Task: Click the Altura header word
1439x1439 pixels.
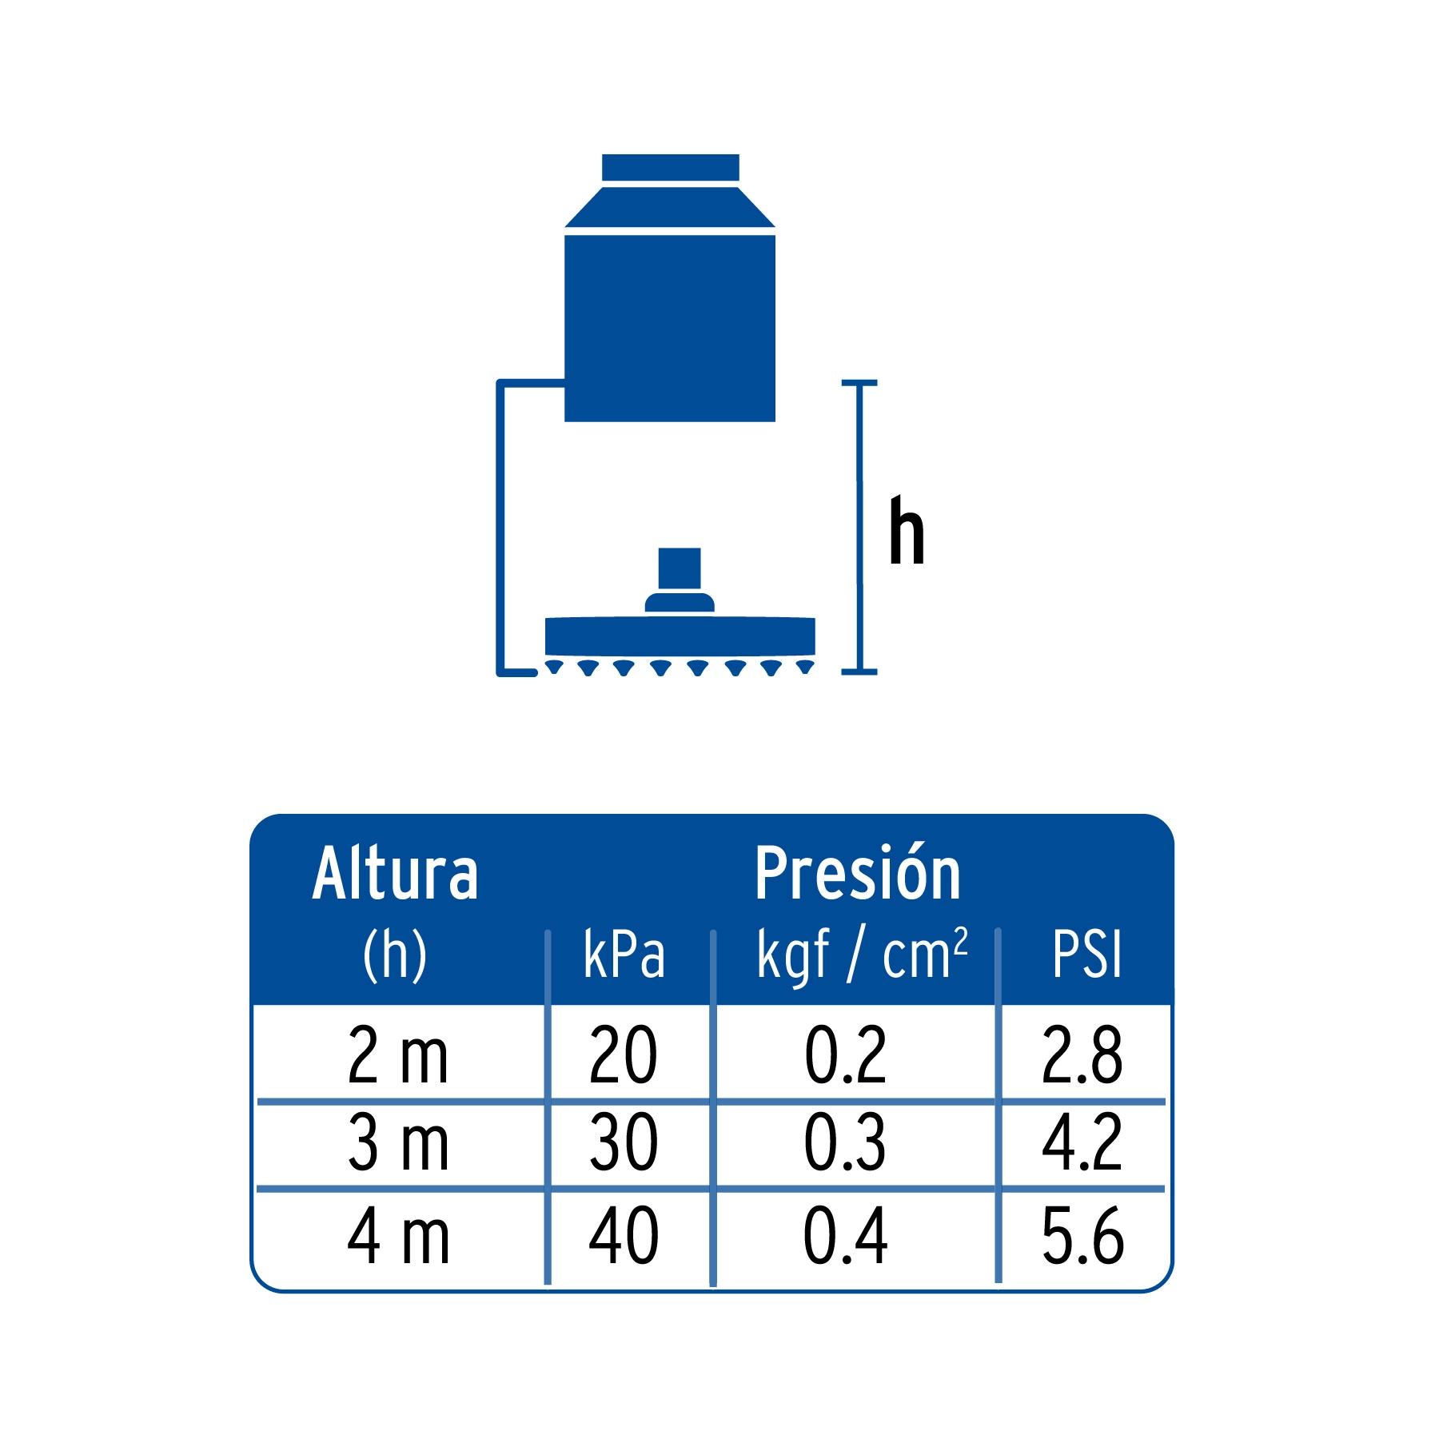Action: tap(396, 873)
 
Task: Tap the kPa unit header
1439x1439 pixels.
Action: tap(624, 954)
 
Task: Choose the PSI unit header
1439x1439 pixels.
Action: tap(1087, 954)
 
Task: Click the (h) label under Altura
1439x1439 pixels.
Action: tap(395, 955)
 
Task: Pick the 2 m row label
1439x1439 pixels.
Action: tap(398, 1055)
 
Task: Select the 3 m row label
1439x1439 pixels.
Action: tap(398, 1143)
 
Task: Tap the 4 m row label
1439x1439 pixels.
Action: tap(398, 1236)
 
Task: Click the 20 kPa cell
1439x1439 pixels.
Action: tap(624, 1055)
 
